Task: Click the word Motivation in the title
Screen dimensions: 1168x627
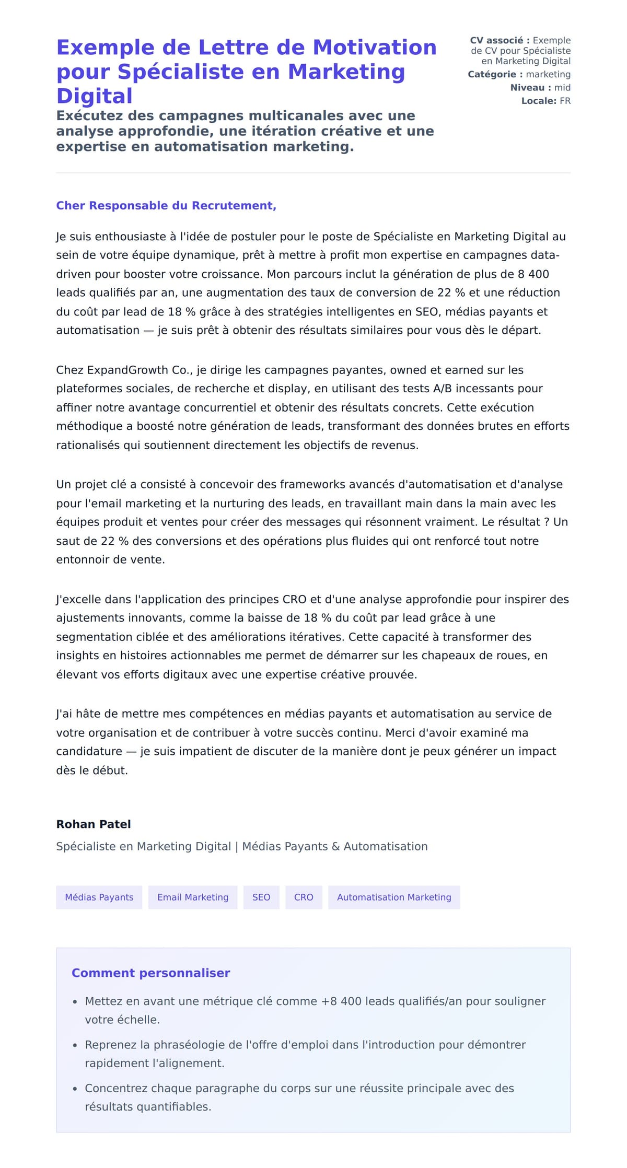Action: pos(374,48)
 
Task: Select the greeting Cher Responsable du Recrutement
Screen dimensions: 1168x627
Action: pos(166,206)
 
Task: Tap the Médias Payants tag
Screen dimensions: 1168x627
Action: pos(99,897)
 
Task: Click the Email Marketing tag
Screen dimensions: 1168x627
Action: pos(193,897)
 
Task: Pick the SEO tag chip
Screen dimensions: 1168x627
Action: pos(261,897)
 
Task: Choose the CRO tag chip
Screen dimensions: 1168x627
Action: pos(304,897)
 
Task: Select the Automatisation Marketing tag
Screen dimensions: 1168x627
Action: pos(394,897)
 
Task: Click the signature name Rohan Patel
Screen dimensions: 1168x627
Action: pos(94,824)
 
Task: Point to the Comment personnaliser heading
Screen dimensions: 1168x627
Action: pos(150,973)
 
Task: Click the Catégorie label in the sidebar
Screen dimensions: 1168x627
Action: pos(495,75)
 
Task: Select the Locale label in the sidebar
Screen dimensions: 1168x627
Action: pos(539,101)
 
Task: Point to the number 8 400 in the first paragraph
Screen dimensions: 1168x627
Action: pos(533,274)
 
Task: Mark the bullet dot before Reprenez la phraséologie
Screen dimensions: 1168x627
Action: pos(75,1045)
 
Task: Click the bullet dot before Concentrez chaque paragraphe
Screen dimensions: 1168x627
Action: pos(75,1089)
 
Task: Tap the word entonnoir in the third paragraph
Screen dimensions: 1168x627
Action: pos(80,560)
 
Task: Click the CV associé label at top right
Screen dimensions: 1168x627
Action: pos(500,41)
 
